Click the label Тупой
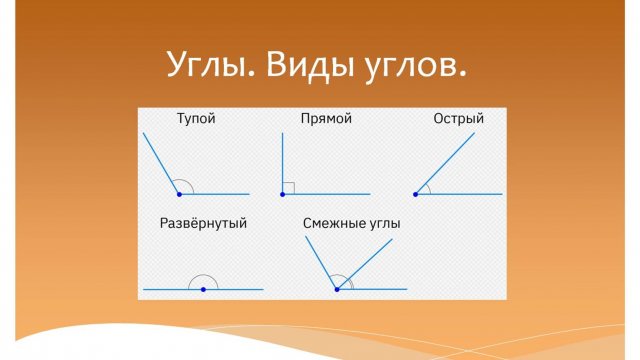tap(196, 119)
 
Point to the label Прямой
tap(326, 119)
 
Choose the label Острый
tap(459, 119)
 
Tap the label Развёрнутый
tap(203, 223)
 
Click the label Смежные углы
tap(351, 223)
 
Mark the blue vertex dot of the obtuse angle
tap(179, 194)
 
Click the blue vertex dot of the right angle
tap(282, 194)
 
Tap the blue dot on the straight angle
tap(203, 289)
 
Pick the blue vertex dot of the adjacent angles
tap(337, 289)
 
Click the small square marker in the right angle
tap(287, 188)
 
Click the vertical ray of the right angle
tap(282, 160)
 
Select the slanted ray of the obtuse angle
tap(162, 163)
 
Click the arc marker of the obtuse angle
tap(184, 183)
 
